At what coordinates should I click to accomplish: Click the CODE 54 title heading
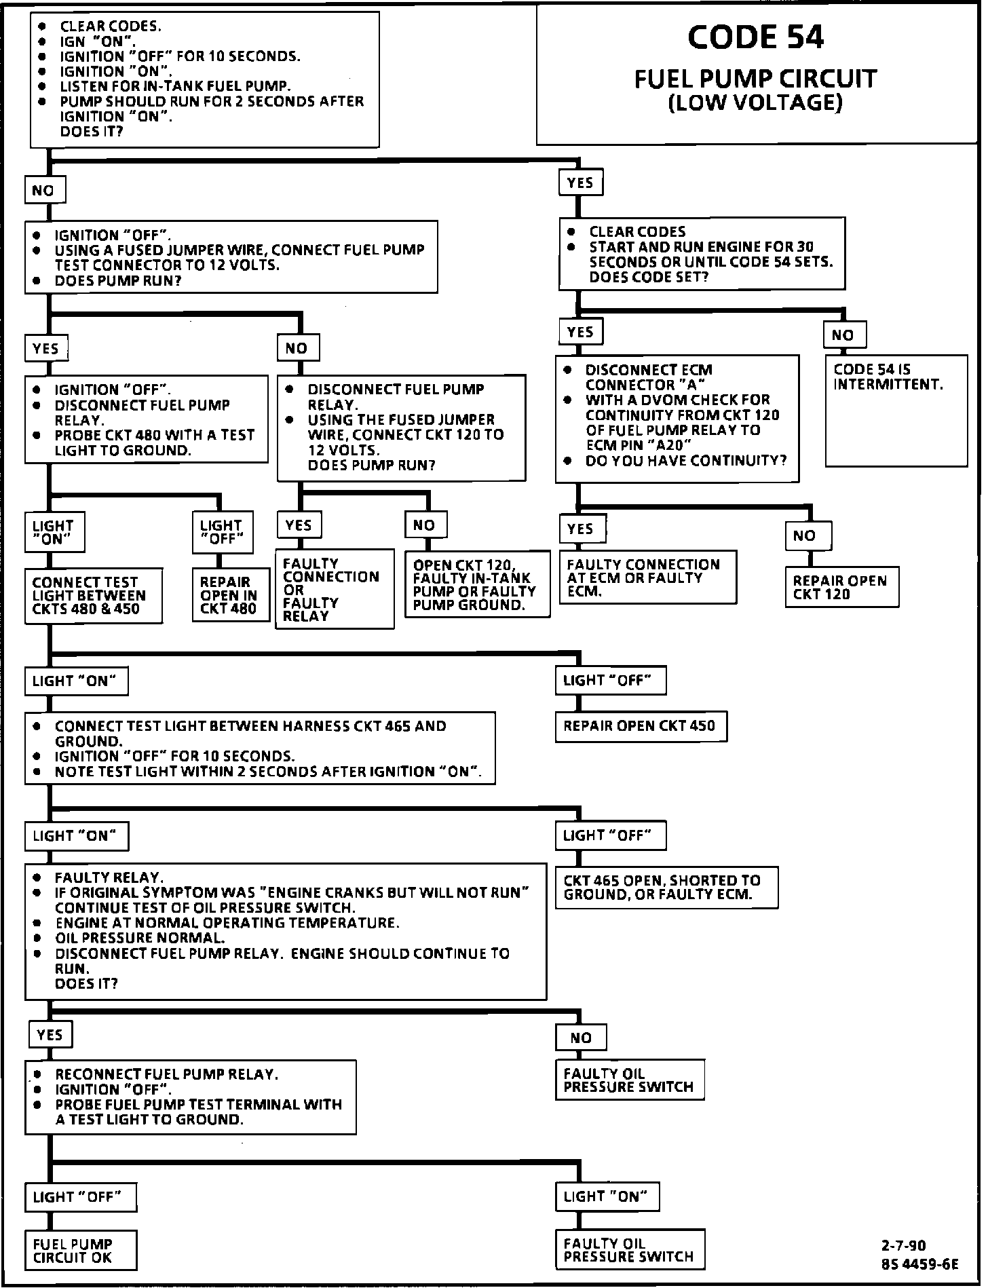755,37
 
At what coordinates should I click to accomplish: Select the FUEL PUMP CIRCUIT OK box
81,1250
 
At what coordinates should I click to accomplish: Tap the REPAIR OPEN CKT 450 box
641,726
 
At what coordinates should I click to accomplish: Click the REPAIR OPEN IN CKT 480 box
228,595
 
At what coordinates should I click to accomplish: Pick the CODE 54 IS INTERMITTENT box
896,410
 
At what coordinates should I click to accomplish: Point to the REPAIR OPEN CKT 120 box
841,587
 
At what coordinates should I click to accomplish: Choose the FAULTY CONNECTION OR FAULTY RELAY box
334,589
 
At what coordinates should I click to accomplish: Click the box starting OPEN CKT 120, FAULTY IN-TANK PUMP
476,584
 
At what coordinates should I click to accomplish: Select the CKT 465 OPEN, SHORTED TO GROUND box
666,887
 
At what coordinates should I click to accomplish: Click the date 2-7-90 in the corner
903,1245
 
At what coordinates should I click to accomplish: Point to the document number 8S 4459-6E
919,1264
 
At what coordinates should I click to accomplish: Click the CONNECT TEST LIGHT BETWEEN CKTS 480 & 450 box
93,595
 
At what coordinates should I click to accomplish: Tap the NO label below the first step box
44,191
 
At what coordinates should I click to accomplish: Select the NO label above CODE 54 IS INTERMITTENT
843,335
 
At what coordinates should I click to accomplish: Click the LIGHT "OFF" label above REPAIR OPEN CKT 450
609,680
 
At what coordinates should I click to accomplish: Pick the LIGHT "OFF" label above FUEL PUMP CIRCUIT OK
79,1196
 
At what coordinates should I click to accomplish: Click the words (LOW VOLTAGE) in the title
755,103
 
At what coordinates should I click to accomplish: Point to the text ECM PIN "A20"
639,445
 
